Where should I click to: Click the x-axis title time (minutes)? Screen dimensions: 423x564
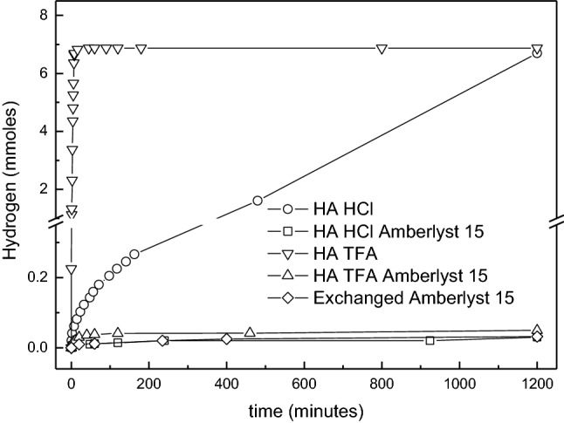304,406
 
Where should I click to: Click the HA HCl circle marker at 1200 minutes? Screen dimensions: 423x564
536,53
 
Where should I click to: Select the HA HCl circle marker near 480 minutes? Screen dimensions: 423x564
258,201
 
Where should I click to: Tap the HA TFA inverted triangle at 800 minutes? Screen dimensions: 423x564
382,49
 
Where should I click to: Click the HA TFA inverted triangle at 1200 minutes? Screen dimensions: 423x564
536,49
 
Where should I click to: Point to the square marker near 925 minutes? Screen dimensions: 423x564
430,340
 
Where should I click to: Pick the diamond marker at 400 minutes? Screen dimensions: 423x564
226,338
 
